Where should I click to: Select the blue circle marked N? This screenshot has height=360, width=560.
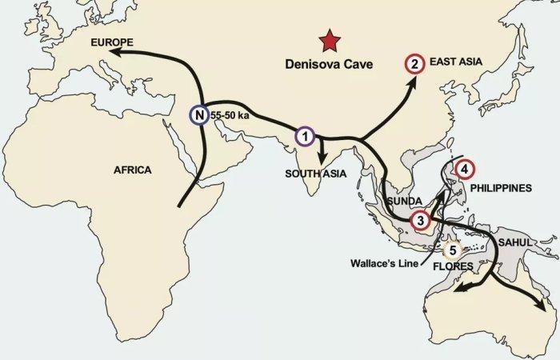tap(198, 115)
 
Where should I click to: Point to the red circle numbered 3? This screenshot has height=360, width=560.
tap(421, 218)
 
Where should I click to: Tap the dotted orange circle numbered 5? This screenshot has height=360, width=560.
tap(453, 250)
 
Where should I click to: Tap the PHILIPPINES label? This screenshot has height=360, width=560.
tap(502, 189)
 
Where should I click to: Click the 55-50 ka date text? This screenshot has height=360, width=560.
tap(231, 116)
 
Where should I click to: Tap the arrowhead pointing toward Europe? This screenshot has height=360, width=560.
tap(115, 52)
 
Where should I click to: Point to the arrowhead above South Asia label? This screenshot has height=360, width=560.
tap(321, 158)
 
